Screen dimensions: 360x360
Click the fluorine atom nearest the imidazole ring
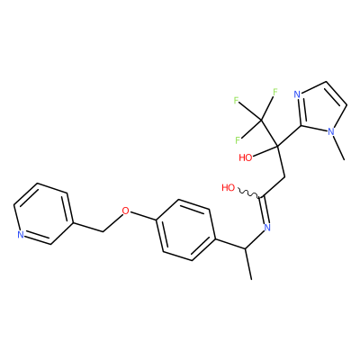tap(275, 92)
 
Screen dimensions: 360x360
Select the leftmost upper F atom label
tap(237, 100)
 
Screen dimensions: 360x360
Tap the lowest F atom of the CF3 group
tap(238, 139)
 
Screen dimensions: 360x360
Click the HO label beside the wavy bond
tap(229, 188)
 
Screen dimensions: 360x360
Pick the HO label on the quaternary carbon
tap(246, 157)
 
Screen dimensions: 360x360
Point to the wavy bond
tap(248, 193)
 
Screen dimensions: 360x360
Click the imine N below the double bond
tap(266, 227)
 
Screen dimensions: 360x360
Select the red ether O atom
tap(126, 211)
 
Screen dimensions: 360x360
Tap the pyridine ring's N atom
tap(21, 235)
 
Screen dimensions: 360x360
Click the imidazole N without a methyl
tap(297, 94)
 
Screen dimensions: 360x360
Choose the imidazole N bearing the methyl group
tap(330, 131)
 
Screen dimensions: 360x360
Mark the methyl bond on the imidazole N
tap(338, 148)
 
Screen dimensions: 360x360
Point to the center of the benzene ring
tap(185, 229)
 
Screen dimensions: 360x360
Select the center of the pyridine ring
tap(43, 214)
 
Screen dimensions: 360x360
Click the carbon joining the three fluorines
tap(261, 121)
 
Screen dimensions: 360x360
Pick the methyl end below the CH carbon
tap(251, 279)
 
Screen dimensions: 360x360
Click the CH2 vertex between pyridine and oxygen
tap(103, 231)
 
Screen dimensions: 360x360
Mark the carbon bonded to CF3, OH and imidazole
tap(276, 147)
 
